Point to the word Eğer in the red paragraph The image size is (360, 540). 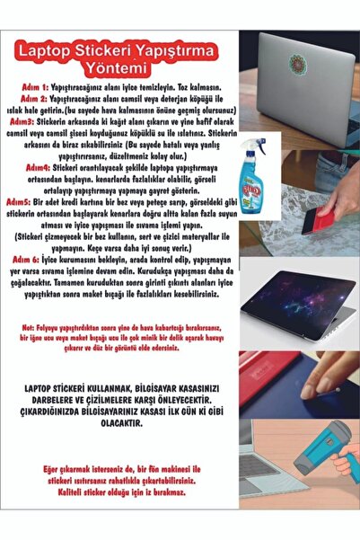(x=57, y=470)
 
